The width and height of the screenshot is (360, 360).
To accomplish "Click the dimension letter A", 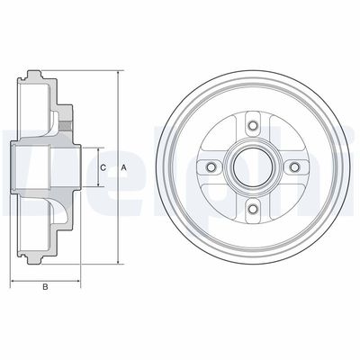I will pyautogui.click(x=122, y=167).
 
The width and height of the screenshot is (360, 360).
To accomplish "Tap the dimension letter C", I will pyautogui.click(x=103, y=167).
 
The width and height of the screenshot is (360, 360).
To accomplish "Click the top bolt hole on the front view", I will pyautogui.click(x=253, y=124).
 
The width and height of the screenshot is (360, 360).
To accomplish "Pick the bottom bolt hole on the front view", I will pyautogui.click(x=253, y=211).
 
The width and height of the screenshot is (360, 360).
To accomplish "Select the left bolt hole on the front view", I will pyautogui.click(x=210, y=167).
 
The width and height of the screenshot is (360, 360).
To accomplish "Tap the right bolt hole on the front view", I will pyautogui.click(x=296, y=167).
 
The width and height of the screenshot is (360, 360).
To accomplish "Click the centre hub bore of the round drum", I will pyautogui.click(x=253, y=167).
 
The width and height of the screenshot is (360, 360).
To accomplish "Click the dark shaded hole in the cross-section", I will pyautogui.click(x=65, y=119).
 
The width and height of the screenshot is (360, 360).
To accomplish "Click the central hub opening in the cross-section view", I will pyautogui.click(x=45, y=167).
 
